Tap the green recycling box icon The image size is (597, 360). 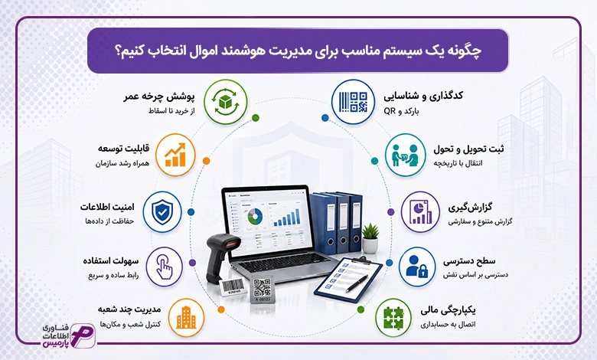tap(225, 102)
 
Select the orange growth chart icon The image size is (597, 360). tap(175, 155)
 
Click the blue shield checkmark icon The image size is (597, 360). tap(162, 212)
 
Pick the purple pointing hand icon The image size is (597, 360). tap(165, 267)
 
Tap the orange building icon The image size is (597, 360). tap(186, 318)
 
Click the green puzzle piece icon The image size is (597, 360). tap(393, 318)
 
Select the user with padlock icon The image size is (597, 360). tap(417, 267)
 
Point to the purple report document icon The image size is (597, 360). tap(420, 212)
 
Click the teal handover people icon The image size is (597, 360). tap(405, 155)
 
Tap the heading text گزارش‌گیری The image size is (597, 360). tap(470, 208)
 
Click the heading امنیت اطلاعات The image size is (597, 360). tap(107, 207)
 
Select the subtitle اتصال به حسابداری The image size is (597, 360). tap(448, 325)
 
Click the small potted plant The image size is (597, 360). tap(370, 238)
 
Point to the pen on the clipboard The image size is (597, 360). tap(357, 283)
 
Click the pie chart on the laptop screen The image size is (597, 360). tap(255, 216)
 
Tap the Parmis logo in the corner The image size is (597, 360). tap(69, 335)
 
